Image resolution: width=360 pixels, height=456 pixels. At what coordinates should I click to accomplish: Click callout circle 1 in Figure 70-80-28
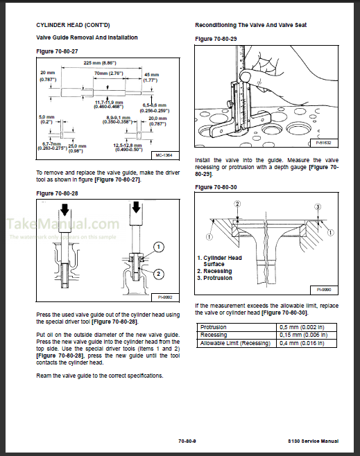coord(159,247)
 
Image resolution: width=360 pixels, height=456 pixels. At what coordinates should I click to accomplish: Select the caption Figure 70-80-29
coord(216,38)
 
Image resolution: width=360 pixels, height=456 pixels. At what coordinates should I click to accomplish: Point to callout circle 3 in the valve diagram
coord(317,207)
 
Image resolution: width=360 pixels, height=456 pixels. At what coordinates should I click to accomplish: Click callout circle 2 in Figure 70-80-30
coord(237,204)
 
